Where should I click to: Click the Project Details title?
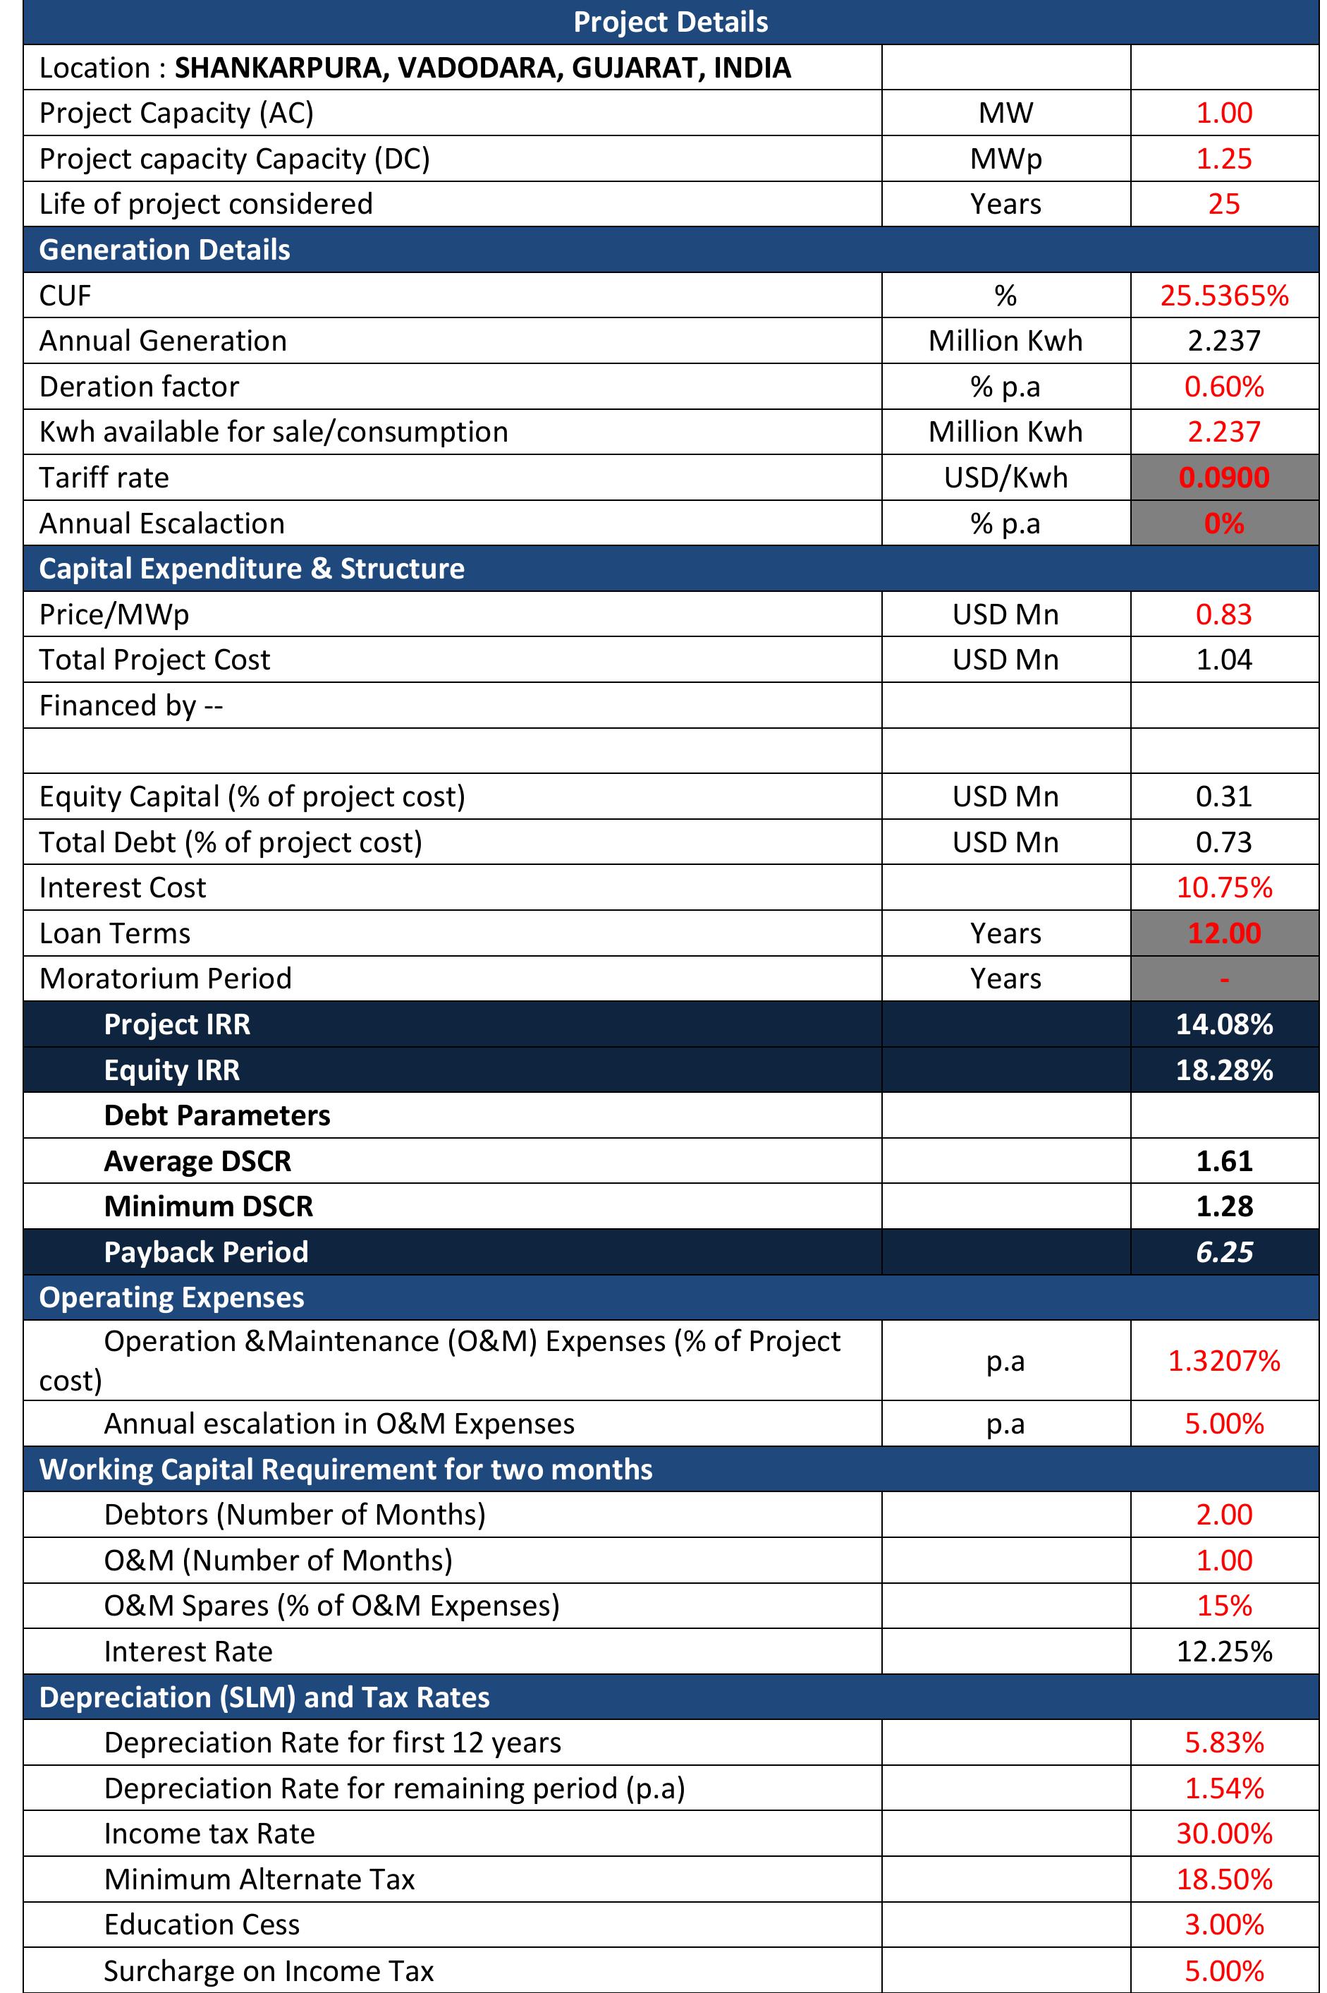pos(671,22)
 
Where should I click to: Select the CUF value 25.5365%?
pos(1224,296)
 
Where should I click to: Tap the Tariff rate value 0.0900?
pos(1224,478)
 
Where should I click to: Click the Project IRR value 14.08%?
pos(1224,1024)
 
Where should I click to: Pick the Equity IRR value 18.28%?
pos(1224,1070)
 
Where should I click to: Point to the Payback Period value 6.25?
pos(1224,1252)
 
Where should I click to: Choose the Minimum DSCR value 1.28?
pos(1224,1206)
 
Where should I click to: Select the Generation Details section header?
pos(164,250)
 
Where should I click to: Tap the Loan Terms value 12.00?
pos(1224,933)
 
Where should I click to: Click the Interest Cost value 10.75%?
pos(1224,888)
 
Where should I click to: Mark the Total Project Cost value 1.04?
pos(1224,660)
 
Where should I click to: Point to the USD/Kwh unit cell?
pos(1005,478)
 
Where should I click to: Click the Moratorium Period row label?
pos(165,979)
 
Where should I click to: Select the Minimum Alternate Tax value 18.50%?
pos(1224,1879)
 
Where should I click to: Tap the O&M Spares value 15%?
pos(1224,1606)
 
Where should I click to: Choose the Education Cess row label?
pos(202,1925)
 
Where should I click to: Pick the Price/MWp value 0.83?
pos(1224,614)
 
